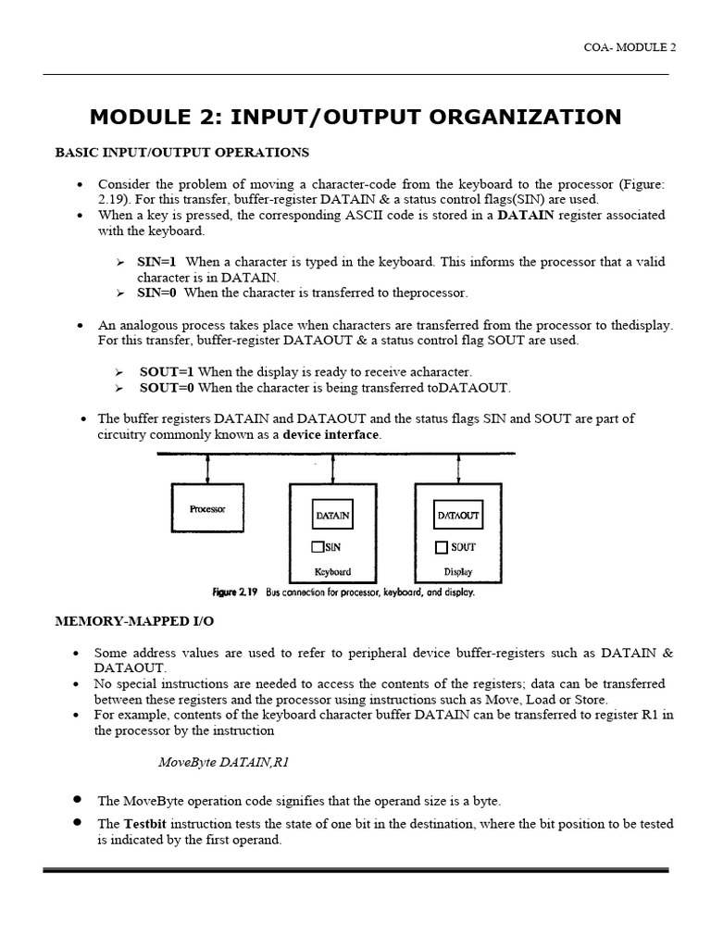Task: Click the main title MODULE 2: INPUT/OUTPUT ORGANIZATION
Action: pyautogui.click(x=355, y=118)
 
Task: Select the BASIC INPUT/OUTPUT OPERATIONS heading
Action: pyautogui.click(x=182, y=152)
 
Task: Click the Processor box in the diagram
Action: pyautogui.click(x=207, y=508)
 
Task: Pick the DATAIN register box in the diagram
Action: pyautogui.click(x=332, y=515)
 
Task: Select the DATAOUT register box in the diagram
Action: pyautogui.click(x=457, y=515)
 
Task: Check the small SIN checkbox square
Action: pyautogui.click(x=318, y=547)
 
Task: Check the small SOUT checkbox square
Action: pyautogui.click(x=442, y=547)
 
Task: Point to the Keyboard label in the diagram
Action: pyautogui.click(x=332, y=572)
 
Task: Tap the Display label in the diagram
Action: pyautogui.click(x=458, y=572)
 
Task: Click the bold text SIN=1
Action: pyautogui.click(x=157, y=262)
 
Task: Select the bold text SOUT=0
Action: pyautogui.click(x=167, y=387)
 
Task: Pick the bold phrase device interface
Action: pyautogui.click(x=331, y=434)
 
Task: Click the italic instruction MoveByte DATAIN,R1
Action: pyautogui.click(x=230, y=763)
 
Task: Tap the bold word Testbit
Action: pyautogui.click(x=145, y=824)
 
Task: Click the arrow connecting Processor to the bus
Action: pyautogui.click(x=207, y=469)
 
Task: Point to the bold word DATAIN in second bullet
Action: pyautogui.click(x=526, y=215)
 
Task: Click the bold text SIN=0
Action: pyautogui.click(x=157, y=293)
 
